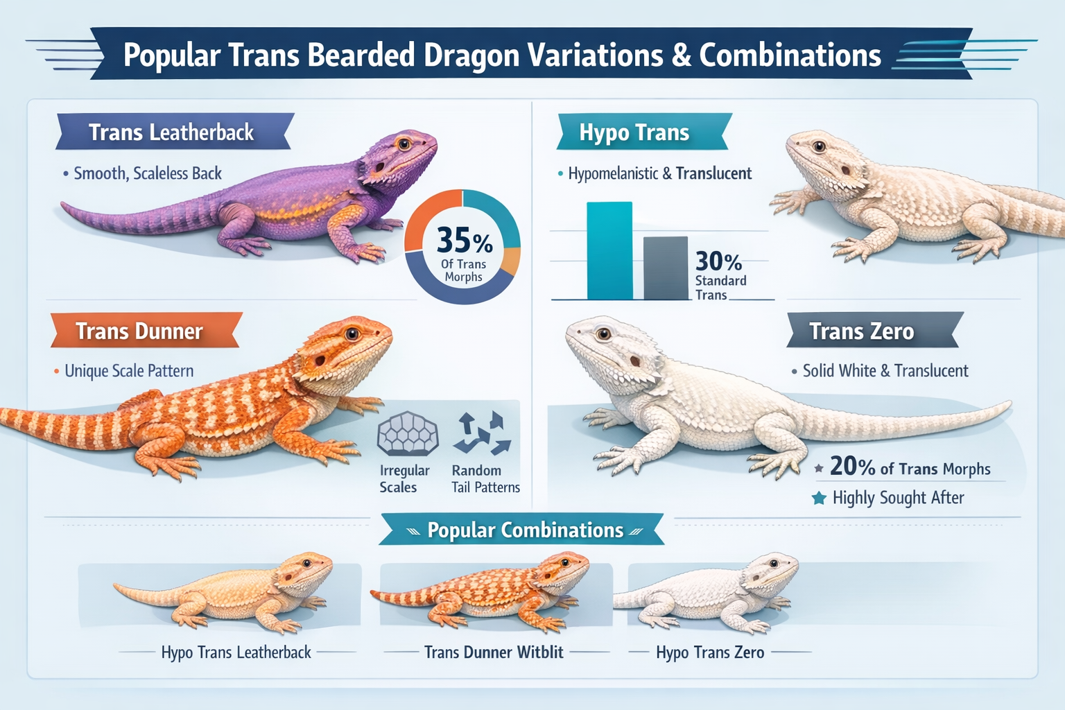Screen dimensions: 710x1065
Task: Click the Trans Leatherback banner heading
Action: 171,132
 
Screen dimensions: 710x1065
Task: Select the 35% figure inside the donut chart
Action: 464,241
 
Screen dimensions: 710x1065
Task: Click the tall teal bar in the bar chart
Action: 609,251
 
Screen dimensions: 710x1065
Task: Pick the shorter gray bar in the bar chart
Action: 666,268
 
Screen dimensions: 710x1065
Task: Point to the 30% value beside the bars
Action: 718,261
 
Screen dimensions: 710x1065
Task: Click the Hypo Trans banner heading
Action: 634,132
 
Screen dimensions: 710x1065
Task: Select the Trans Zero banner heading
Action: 862,331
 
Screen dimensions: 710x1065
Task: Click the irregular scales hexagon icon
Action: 407,434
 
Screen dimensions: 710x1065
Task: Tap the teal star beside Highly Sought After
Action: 819,498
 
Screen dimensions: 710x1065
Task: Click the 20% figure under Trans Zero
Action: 852,467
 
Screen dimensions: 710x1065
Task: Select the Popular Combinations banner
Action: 525,530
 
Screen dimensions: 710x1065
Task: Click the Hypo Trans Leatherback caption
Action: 236,652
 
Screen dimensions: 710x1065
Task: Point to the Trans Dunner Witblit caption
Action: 494,652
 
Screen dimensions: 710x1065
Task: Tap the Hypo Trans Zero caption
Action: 710,652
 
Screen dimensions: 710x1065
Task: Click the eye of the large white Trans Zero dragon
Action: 603,334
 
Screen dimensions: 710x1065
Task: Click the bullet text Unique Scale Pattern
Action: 129,371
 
